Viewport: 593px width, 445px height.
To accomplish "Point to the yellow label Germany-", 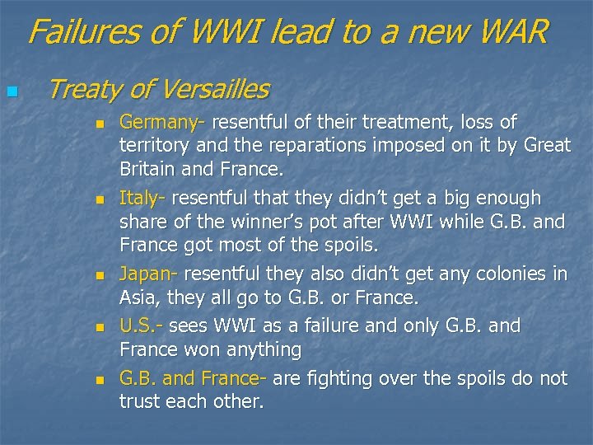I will pos(162,123).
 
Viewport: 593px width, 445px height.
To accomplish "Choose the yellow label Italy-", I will pos(142,198).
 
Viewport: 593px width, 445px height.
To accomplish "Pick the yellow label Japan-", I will pos(148,274).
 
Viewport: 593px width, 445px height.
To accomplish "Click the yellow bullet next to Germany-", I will pos(99,125).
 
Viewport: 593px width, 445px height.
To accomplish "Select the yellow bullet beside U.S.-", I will pos(99,328).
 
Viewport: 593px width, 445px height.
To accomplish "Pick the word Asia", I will pos(138,297).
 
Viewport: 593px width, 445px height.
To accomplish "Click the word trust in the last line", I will pos(140,401).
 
